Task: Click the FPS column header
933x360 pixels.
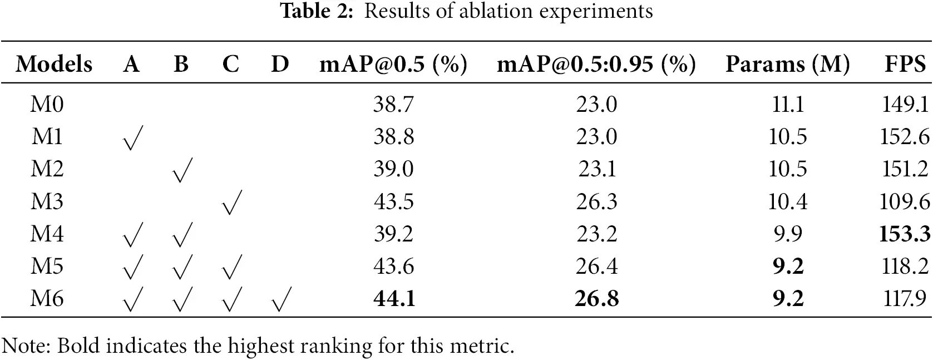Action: click(905, 65)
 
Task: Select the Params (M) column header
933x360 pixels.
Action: click(787, 65)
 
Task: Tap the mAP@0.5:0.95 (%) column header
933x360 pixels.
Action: click(596, 65)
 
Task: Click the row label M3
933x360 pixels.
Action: click(47, 201)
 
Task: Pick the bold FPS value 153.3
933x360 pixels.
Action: click(905, 234)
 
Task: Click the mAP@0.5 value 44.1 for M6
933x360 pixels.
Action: click(394, 299)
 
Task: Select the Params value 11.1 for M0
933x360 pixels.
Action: click(787, 105)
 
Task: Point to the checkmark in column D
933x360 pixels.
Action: click(280, 300)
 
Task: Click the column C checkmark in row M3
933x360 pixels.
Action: click(231, 203)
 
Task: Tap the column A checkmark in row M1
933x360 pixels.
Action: click(132, 138)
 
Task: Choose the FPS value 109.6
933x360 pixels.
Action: click(905, 201)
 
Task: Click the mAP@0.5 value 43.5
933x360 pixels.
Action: click(394, 201)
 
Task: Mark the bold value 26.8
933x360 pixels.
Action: click(596, 299)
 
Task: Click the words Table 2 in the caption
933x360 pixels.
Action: click(316, 11)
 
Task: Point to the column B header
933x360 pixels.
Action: click(181, 65)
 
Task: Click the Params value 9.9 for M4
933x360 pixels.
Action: click(787, 234)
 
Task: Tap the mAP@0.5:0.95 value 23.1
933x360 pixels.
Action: click(596, 169)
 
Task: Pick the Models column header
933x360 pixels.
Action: click(54, 65)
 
